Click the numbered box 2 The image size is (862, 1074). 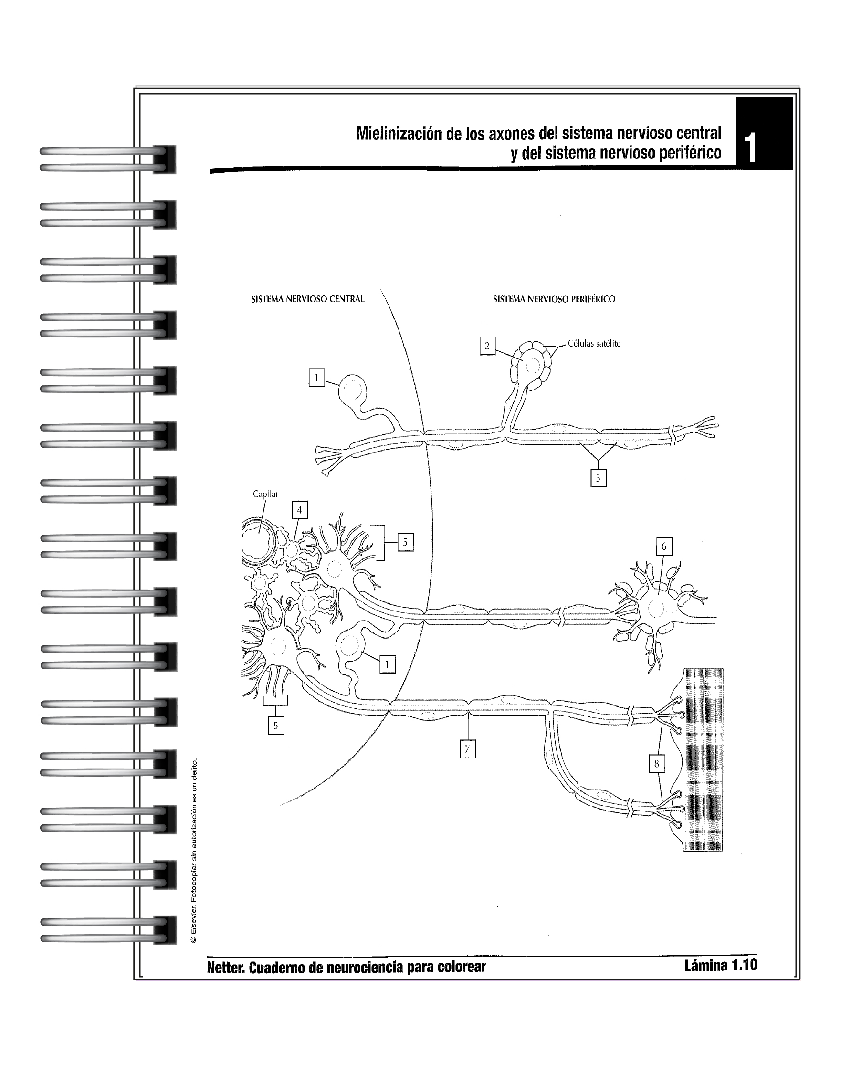point(487,346)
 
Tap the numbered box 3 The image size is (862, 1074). point(598,478)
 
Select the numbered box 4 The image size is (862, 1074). point(299,510)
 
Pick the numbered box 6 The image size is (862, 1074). point(664,547)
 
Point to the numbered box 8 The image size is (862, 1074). point(657,764)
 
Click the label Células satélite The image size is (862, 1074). point(594,344)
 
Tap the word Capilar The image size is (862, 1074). point(265,494)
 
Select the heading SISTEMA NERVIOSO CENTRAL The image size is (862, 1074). point(308,299)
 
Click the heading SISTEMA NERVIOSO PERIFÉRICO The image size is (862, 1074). point(554,299)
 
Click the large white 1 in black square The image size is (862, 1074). point(750,147)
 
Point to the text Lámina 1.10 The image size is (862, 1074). point(721,965)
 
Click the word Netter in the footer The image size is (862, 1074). point(225,968)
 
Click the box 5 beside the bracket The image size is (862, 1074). point(405,542)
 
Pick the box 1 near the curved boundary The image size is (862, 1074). point(388,664)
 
